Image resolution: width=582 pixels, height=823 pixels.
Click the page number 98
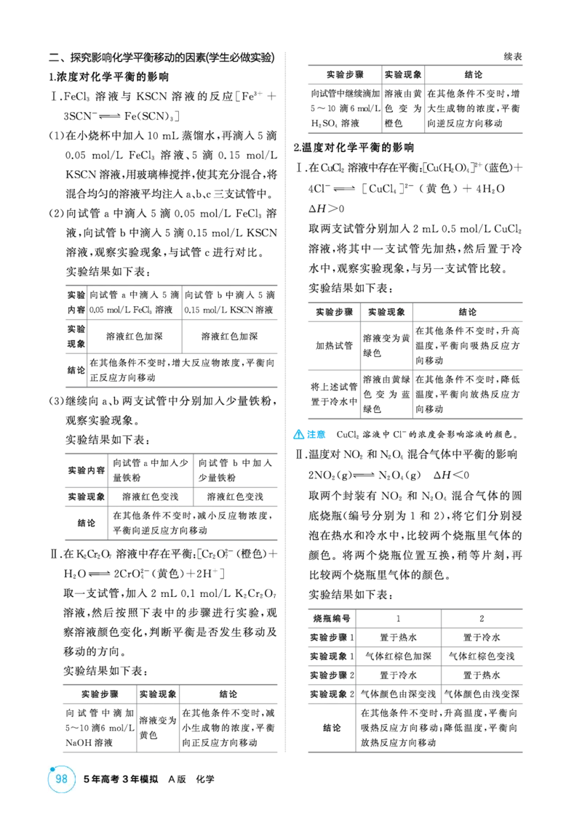point(61,779)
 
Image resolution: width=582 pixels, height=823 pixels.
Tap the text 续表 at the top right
point(513,57)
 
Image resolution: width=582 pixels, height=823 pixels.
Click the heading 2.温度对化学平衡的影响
point(354,148)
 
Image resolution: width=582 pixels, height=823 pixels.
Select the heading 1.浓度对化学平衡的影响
point(108,77)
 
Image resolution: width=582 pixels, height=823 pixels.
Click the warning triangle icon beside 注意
point(298,434)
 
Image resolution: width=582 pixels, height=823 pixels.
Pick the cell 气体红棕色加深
point(398,656)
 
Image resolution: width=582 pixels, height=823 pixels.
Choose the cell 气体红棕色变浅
point(482,656)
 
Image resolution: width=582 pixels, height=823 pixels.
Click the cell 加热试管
point(334,345)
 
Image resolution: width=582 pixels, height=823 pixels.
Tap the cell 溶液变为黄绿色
point(386,345)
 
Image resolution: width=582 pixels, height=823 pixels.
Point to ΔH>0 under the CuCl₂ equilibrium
point(326,209)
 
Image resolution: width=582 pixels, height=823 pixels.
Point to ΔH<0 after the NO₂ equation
point(451,475)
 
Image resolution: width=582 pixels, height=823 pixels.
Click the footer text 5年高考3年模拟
point(121,779)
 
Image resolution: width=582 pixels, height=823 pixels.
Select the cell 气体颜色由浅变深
point(482,694)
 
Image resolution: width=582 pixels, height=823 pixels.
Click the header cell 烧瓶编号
point(332,618)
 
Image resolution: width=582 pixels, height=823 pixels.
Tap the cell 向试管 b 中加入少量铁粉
point(235,470)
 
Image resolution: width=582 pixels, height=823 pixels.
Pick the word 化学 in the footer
point(205,779)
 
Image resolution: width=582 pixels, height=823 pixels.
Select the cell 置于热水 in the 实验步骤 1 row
point(398,637)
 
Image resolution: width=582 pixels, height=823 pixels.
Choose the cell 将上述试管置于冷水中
point(334,393)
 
